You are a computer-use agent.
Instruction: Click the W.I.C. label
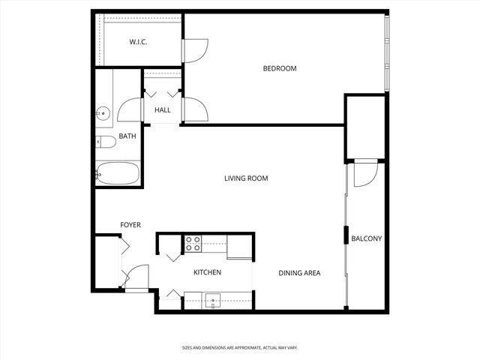point(137,42)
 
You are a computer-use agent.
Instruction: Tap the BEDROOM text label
point(279,69)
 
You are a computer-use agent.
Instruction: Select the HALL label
point(162,110)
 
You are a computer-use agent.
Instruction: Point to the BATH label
point(127,136)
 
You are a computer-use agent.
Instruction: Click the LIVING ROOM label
point(246,178)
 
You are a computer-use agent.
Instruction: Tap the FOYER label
point(130,225)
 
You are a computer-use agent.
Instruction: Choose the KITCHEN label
point(208,272)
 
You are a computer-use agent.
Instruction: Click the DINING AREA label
point(299,273)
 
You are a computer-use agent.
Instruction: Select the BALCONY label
point(367,239)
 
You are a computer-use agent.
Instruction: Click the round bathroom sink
point(103,114)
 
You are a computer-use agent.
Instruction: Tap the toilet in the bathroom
point(104,141)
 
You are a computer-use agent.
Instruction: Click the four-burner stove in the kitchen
point(193,241)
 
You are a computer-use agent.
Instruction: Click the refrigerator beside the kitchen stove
point(239,245)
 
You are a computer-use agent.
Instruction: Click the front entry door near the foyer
point(136,278)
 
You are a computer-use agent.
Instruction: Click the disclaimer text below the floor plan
point(239,348)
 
